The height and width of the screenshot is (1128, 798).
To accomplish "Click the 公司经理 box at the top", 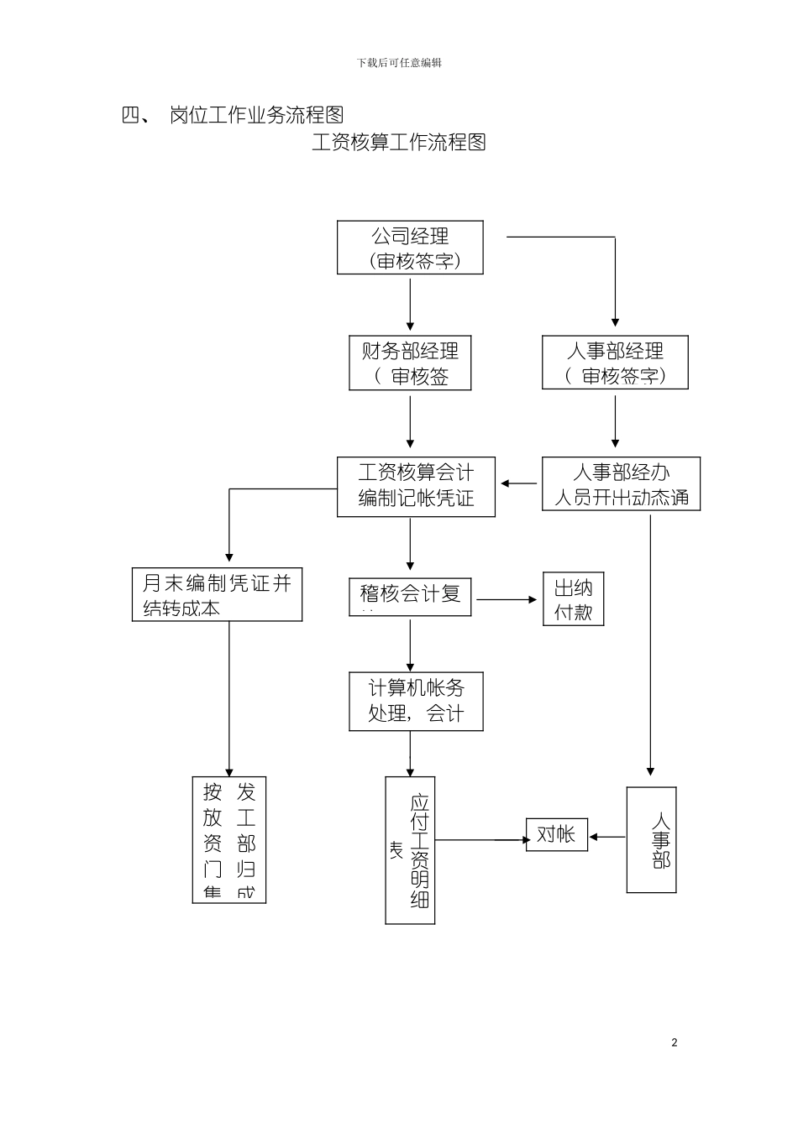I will [410, 248].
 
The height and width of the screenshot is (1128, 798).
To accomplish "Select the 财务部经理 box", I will [410, 363].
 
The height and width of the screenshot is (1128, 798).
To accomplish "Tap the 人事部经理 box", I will [615, 363].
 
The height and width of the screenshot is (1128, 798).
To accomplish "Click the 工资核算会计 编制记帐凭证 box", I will [416, 487].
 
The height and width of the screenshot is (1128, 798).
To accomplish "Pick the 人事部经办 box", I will [621, 484].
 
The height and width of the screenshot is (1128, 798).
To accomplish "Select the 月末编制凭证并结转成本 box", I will [217, 594].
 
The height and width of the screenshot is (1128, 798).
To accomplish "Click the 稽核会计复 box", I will [410, 597].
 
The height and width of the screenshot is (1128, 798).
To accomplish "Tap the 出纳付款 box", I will [573, 599].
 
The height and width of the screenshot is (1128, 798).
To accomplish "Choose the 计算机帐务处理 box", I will [416, 701].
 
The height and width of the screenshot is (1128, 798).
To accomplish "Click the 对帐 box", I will [556, 834].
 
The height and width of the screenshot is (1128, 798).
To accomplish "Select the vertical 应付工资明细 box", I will [410, 850].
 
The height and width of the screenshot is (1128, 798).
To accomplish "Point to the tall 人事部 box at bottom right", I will [651, 839].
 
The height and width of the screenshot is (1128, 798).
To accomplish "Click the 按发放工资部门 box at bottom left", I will [228, 839].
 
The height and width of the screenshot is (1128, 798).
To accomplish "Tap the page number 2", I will [674, 1042].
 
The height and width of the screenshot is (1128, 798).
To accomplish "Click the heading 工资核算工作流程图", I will [399, 142].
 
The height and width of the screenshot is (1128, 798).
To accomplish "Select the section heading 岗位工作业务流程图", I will [256, 115].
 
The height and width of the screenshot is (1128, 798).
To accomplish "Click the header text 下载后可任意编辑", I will [399, 63].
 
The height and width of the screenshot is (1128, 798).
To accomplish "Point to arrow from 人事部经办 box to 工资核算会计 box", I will [520, 483].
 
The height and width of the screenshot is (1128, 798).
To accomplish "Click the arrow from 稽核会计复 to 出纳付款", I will [507, 599].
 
